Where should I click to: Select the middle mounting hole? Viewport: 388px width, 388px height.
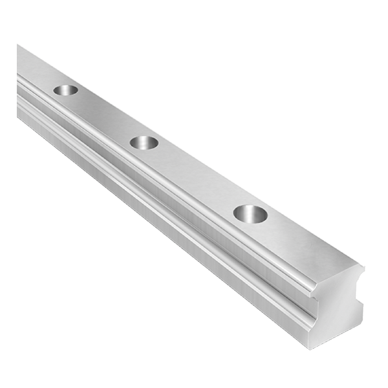point(144,142)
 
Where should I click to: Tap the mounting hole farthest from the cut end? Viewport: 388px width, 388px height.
point(66,89)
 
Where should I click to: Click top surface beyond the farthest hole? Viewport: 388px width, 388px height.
point(36,69)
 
